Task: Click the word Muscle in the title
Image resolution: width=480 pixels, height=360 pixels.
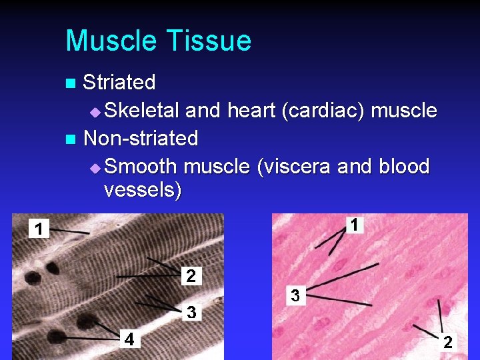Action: click(x=107, y=41)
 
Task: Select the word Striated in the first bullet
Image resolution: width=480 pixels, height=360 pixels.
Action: click(x=119, y=83)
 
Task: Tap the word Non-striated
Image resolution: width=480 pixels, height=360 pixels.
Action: click(x=141, y=138)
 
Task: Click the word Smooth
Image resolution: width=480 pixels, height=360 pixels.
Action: click(x=141, y=165)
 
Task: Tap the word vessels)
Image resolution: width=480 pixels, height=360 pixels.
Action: click(x=143, y=190)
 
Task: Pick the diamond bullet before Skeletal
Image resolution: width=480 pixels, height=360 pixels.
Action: click(x=95, y=111)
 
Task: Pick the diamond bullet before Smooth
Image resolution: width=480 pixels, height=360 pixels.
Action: click(x=95, y=167)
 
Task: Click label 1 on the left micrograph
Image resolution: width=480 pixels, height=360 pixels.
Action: click(x=39, y=229)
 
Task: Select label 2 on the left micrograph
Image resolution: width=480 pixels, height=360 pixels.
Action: click(x=191, y=275)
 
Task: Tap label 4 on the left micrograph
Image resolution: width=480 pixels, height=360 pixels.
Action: click(x=130, y=339)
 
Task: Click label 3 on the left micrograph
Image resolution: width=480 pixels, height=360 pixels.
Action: click(x=191, y=311)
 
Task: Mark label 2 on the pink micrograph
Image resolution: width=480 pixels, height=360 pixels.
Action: click(x=447, y=342)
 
